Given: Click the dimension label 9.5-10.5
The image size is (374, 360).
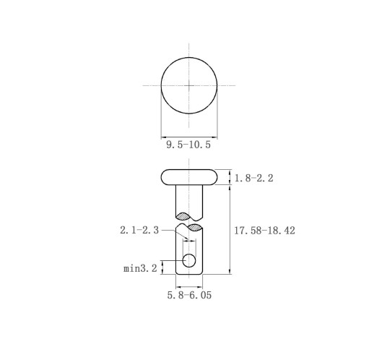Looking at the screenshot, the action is [x=188, y=145].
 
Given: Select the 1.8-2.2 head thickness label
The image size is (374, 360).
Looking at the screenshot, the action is [x=254, y=179].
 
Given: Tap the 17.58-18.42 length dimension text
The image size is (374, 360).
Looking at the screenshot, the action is [x=264, y=231].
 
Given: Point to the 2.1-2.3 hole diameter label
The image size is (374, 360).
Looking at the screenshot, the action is [x=139, y=230].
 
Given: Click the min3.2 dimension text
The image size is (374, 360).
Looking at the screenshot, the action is [x=140, y=268].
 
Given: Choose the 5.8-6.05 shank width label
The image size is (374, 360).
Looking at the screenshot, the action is [x=189, y=295].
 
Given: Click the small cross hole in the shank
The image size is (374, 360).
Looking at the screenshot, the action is [x=189, y=261].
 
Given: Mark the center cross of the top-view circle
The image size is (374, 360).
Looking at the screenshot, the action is [x=189, y=85].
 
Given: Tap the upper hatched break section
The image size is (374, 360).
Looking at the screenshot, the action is [x=183, y=216].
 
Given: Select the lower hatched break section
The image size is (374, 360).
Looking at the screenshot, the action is [x=195, y=227].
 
